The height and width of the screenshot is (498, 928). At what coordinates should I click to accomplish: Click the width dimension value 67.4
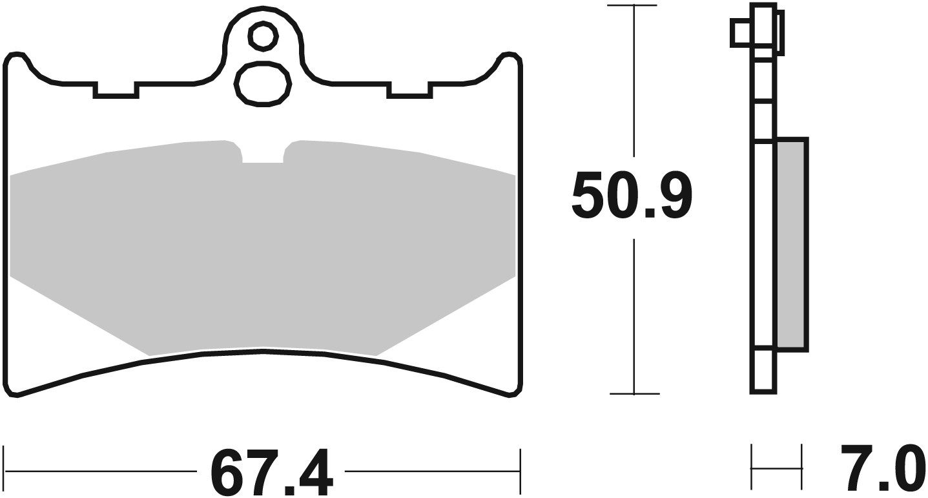point(272,473)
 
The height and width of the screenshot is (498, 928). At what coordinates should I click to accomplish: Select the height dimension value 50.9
point(631,196)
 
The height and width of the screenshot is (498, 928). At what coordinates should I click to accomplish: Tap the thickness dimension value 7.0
point(882,469)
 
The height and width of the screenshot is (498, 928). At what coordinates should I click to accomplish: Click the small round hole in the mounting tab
point(262,36)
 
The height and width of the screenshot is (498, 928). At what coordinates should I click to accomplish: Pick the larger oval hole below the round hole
point(263,83)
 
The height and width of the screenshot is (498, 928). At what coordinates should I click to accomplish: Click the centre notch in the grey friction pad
point(263,154)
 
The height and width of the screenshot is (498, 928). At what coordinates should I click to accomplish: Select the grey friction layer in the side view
point(791,244)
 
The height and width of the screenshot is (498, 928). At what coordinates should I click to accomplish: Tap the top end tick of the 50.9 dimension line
point(634,6)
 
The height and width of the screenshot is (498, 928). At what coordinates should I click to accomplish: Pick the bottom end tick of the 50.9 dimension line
point(634,393)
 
